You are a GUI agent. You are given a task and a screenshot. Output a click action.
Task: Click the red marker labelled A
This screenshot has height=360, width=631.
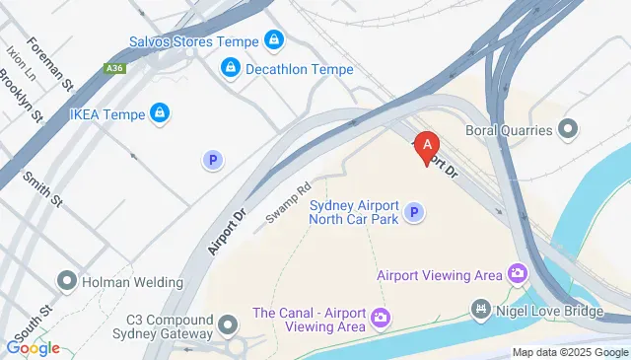point(426,147)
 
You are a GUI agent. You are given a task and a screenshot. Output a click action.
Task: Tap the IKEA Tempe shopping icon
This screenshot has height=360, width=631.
point(158,113)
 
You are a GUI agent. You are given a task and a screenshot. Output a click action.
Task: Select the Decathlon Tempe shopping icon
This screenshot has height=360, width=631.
point(230,67)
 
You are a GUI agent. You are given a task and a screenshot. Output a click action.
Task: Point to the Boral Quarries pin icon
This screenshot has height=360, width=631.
point(568,128)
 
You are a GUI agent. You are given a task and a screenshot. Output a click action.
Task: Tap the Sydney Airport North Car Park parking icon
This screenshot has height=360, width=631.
point(415,212)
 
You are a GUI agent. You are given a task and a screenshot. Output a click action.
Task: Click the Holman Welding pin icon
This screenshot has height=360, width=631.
point(67,280)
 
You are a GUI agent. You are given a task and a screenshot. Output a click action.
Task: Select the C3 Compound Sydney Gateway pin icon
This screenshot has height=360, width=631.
point(229,324)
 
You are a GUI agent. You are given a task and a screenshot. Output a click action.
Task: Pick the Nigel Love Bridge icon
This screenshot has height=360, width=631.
point(480,311)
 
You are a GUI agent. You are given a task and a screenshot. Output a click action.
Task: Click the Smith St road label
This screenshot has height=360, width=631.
point(42,189)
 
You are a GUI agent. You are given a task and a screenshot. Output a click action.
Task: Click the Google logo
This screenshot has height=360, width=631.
point(33,347)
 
